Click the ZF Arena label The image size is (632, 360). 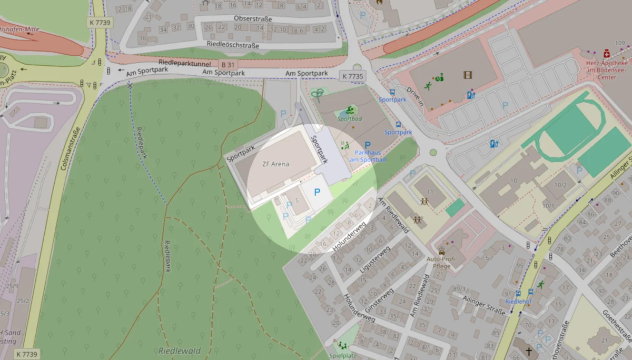(x=276, y=164)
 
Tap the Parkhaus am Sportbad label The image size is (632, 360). (x=367, y=156)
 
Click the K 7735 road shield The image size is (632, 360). (x=352, y=76)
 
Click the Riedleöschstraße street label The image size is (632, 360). (x=233, y=46)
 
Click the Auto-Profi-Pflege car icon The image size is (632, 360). (x=441, y=251)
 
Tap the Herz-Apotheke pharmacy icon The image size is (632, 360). (x=607, y=54)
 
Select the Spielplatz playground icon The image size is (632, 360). (x=343, y=346)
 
